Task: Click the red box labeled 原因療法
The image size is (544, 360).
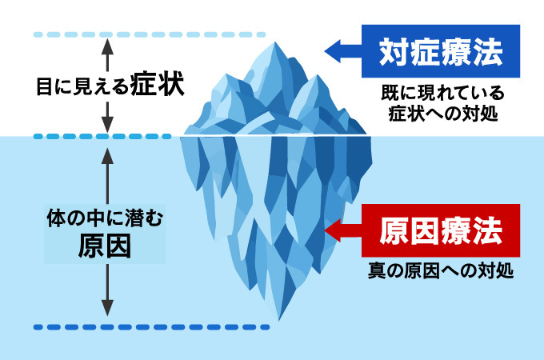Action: click(x=441, y=231)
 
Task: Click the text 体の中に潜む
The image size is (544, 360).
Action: click(x=105, y=217)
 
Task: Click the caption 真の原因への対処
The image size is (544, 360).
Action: click(x=441, y=270)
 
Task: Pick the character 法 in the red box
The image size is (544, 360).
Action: click(x=488, y=231)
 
